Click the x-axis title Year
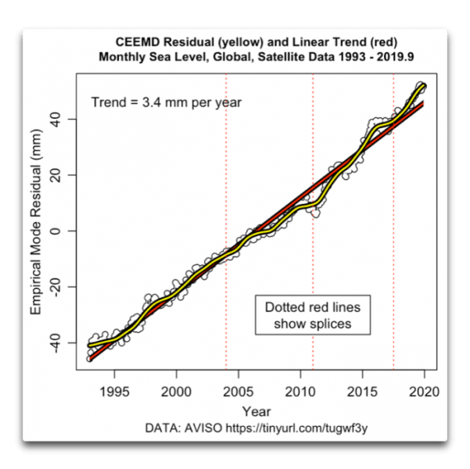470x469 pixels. (257, 411)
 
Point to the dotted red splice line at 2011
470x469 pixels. (313, 156)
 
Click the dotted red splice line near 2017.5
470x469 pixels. (393, 195)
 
